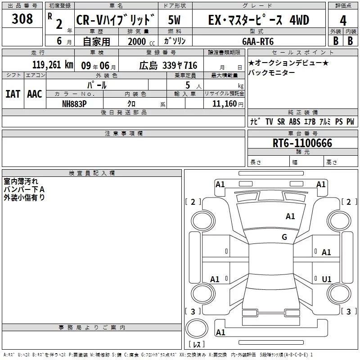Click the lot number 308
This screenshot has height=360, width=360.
[22, 18]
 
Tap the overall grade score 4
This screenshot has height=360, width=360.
[343, 21]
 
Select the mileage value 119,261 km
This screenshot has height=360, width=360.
[53, 65]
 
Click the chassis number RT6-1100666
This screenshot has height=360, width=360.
[302, 143]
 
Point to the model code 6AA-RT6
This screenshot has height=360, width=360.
[258, 41]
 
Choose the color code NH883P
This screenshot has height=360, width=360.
[74, 104]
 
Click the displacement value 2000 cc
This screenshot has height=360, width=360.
[141, 41]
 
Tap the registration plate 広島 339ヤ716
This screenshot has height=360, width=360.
[168, 66]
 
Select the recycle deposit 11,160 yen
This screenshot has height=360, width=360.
[228, 104]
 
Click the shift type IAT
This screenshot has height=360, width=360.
[13, 94]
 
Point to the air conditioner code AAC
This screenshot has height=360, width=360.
[35, 94]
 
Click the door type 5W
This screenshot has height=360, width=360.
[174, 20]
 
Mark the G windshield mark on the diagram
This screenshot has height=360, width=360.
[284, 237]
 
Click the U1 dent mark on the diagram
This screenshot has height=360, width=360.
[327, 279]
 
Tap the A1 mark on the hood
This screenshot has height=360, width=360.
[290, 216]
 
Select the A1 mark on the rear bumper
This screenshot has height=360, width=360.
[220, 332]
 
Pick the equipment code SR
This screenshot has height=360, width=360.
[281, 121]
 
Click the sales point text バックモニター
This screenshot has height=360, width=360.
[272, 72]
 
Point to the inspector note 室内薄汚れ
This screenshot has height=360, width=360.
[21, 181]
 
